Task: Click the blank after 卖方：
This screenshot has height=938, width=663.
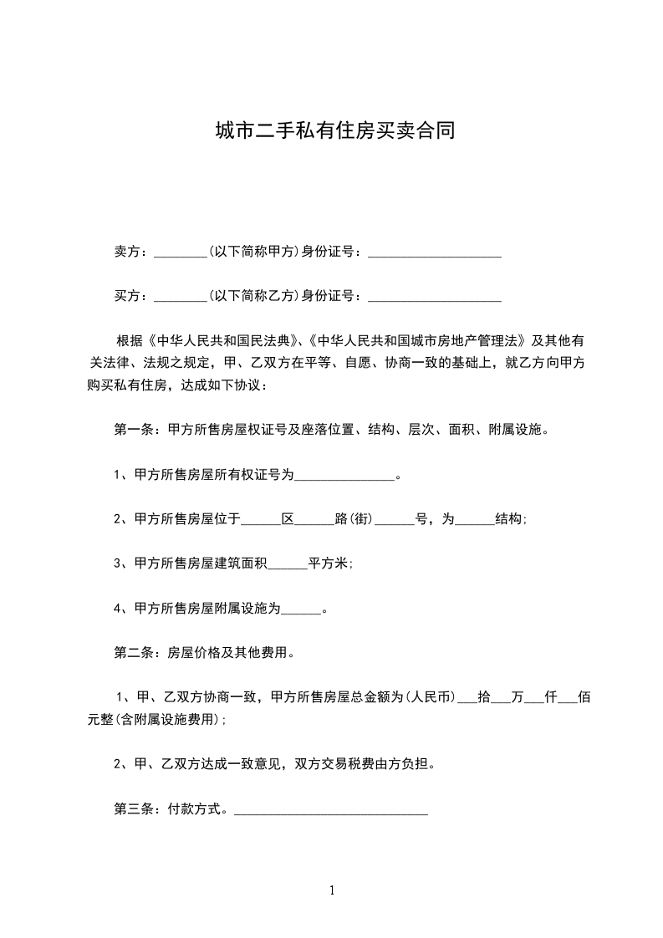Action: [181, 252]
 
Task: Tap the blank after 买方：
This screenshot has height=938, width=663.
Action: [181, 296]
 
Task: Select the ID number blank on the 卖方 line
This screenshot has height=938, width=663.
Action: [434, 252]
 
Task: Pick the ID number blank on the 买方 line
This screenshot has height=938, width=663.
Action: [434, 296]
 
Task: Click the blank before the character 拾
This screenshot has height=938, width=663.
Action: [466, 698]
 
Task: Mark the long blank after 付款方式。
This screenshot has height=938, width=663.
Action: [331, 809]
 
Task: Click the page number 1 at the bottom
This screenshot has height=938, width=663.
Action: [332, 891]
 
